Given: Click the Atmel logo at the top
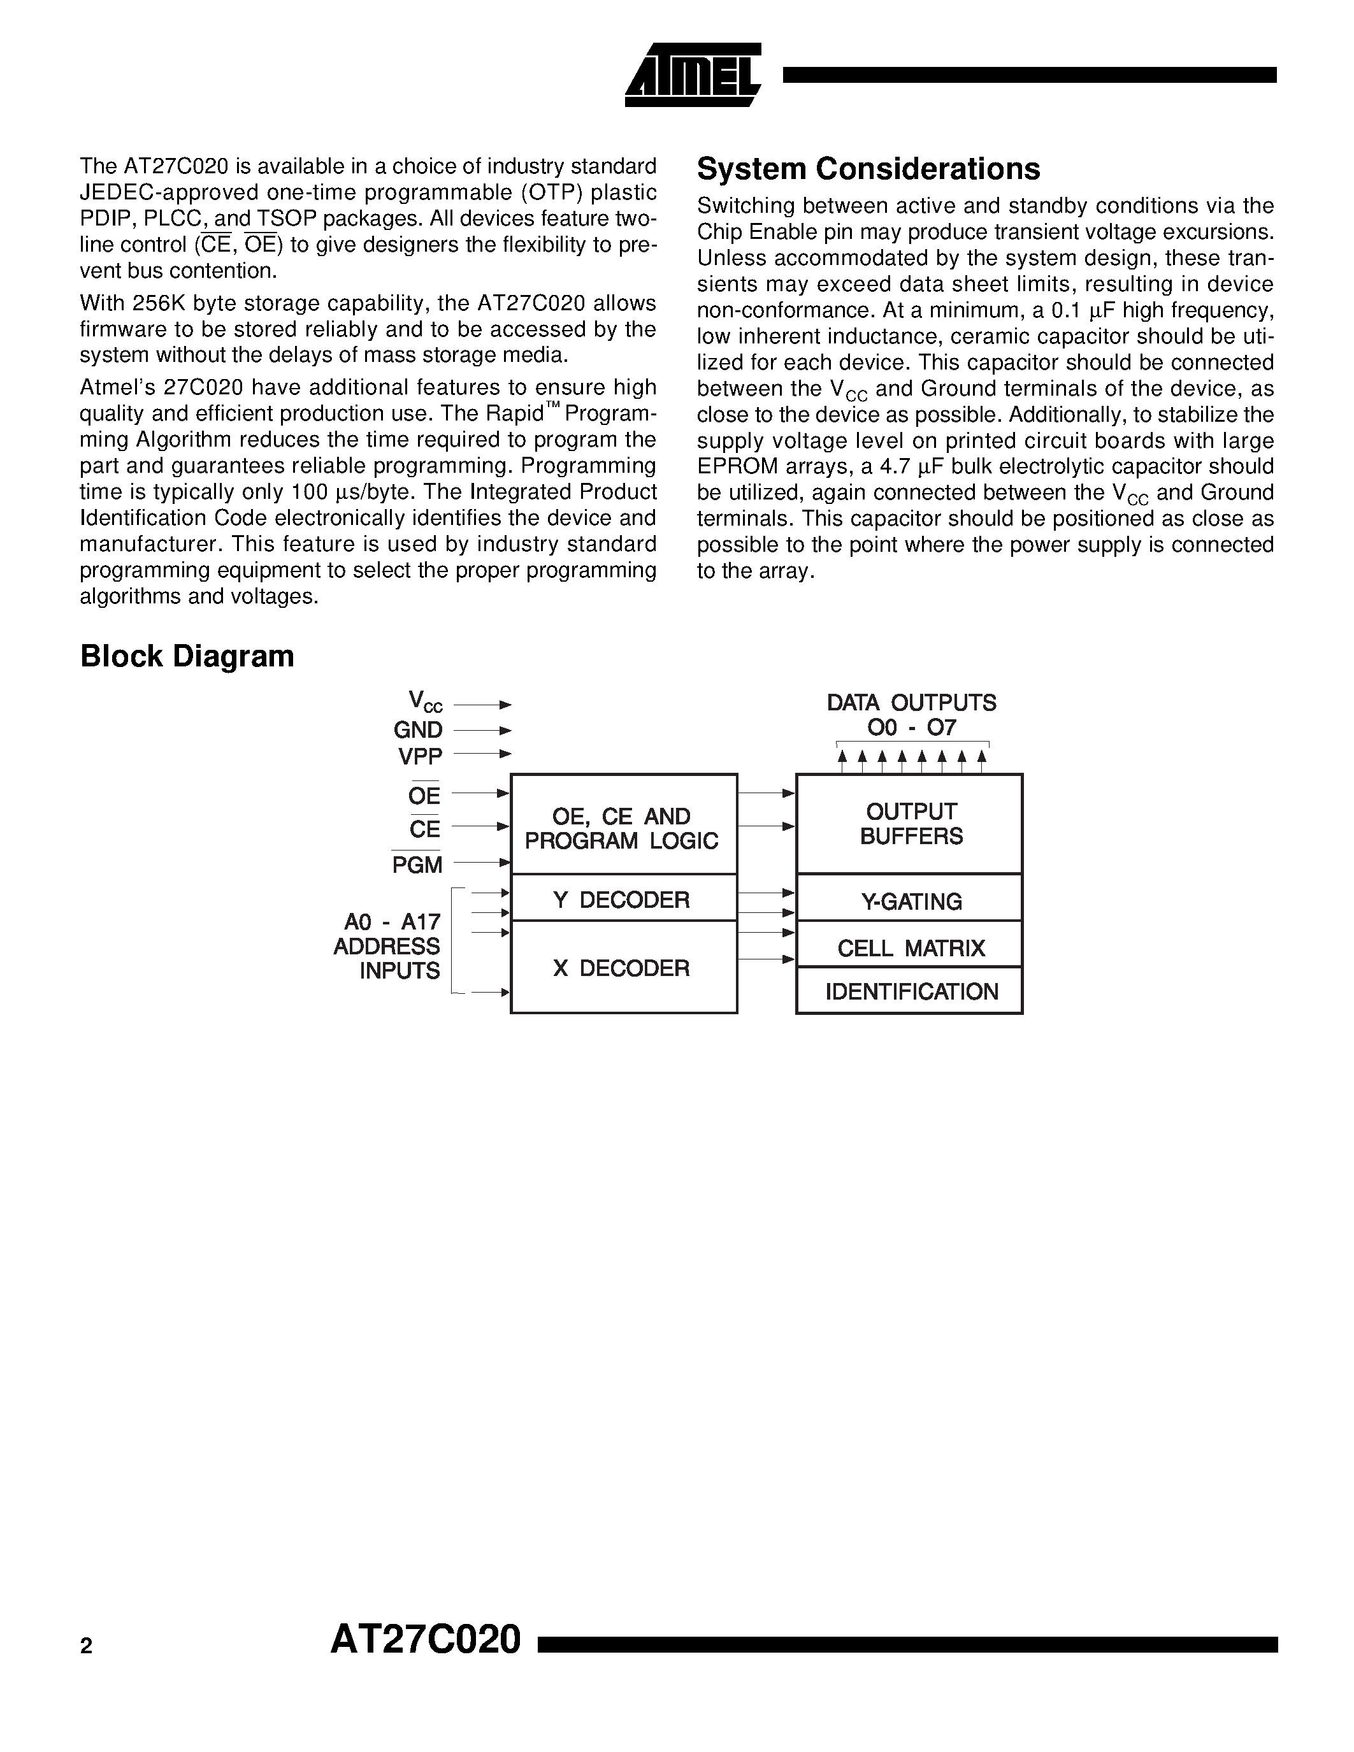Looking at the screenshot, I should click(692, 75).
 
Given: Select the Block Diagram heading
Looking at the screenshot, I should click(187, 656).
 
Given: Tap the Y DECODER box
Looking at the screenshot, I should click(623, 900).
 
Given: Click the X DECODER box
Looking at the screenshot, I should click(623, 968).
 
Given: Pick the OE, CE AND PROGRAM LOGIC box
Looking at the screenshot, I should click(623, 828).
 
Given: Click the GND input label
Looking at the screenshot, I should click(417, 730).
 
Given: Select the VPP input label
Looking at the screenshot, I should click(419, 756).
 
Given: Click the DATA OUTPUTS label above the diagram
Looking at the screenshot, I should click(911, 703).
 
